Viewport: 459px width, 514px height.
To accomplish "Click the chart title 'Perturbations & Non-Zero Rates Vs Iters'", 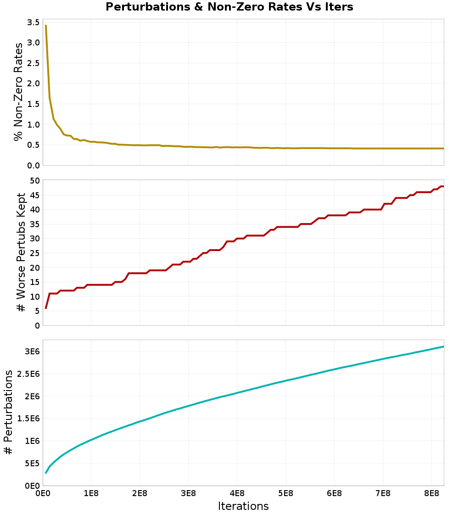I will pos(229,7).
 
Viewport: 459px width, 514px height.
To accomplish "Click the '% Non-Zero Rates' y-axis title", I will pos(18,92).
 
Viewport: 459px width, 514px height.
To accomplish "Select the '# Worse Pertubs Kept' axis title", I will pos(21,252).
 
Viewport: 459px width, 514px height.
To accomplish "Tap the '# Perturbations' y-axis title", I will pos(8,413).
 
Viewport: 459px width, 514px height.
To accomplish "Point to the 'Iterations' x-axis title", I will pos(243,506).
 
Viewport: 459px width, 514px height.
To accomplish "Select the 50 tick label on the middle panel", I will pos(34,180).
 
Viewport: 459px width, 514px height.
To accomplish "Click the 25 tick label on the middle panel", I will pos(34,253).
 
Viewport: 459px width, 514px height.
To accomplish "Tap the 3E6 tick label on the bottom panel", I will pos(31,352).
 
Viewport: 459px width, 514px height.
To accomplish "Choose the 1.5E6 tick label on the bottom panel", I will pos(27,419).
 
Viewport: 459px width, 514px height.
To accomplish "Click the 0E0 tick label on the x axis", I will pos(43,493).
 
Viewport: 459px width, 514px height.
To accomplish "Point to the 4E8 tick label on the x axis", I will pos(237,493).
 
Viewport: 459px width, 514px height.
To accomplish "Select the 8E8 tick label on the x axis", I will pos(432,493).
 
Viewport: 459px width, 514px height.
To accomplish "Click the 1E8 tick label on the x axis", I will pos(91,493).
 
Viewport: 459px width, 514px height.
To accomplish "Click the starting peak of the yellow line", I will pos(46,26).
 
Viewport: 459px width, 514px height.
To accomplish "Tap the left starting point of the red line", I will pos(46,308).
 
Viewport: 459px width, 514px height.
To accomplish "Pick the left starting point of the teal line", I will pos(46,473).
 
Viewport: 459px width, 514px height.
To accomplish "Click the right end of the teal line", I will pos(443,346).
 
